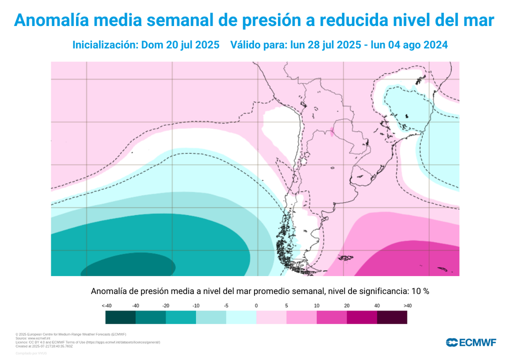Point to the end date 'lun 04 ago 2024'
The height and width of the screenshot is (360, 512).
pos(406,44)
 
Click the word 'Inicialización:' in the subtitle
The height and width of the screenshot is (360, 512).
pos(105,44)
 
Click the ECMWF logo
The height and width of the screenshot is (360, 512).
pos(471,342)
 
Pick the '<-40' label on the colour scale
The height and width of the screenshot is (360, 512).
pos(106,305)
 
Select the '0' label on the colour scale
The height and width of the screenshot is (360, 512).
pos(256,305)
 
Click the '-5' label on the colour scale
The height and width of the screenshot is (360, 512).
pos(226,305)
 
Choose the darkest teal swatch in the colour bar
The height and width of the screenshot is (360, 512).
pos(120,317)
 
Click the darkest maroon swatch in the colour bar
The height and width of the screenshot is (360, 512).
pos(391,317)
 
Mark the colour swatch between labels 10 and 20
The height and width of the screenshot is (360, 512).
pos(331,317)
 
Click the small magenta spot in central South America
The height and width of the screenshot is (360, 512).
pos(332,132)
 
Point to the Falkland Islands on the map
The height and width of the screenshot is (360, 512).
pos(345,258)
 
